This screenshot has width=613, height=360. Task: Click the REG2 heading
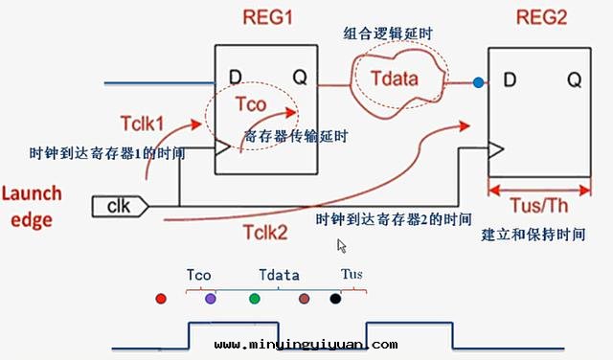[x=540, y=18]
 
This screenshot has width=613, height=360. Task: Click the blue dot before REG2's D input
[x=478, y=83]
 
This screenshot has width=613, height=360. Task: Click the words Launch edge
[x=32, y=206]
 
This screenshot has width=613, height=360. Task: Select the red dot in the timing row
[x=161, y=299]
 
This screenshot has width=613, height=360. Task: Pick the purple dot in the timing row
[x=211, y=299]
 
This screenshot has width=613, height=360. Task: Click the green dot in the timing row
[x=254, y=299]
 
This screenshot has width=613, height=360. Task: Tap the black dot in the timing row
[x=335, y=299]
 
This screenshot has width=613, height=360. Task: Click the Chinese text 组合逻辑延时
[x=389, y=34]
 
